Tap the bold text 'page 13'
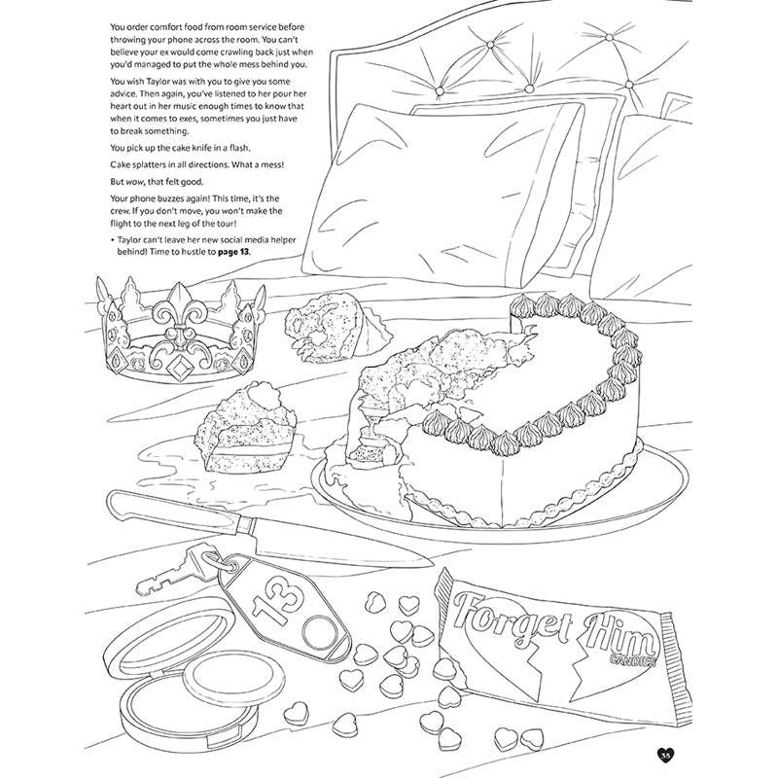233,252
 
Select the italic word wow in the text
134,182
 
